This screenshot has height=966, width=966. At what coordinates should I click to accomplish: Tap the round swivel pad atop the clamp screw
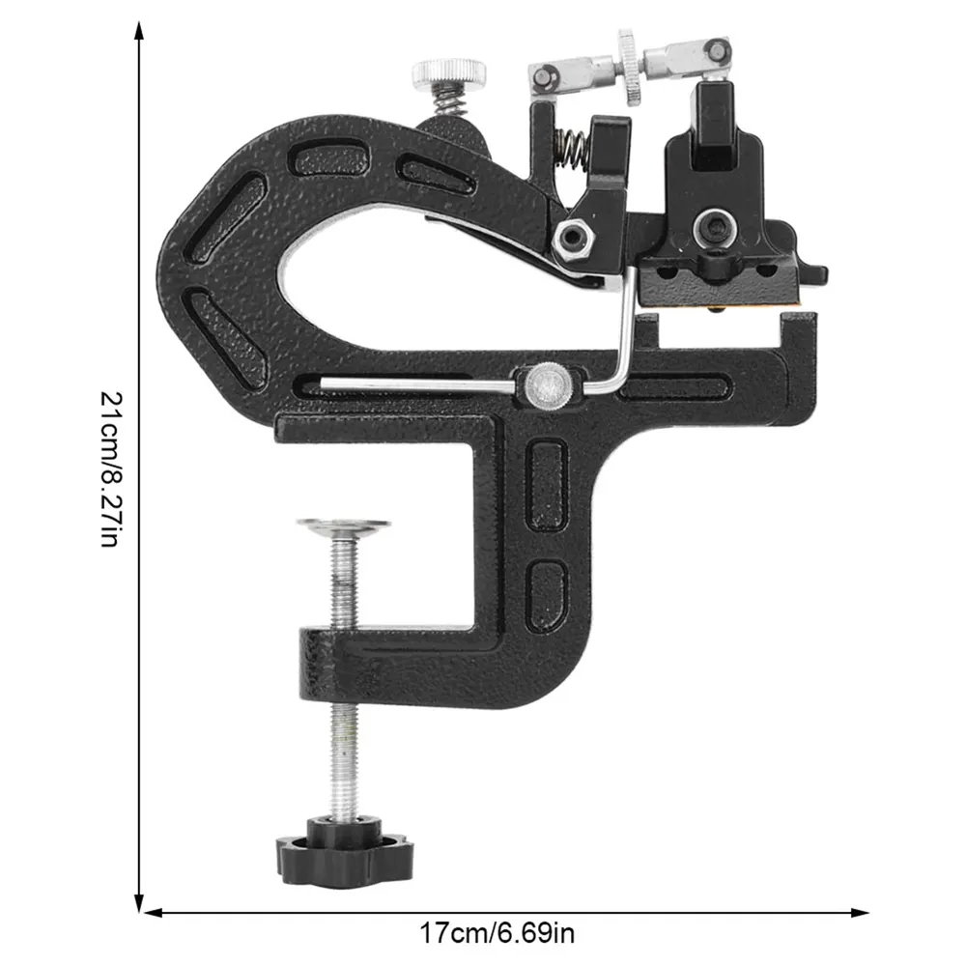343,526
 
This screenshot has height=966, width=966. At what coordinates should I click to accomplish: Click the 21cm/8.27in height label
113,469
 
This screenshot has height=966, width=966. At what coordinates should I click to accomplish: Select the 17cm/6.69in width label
497,933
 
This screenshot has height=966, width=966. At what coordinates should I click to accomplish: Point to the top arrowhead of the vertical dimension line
140,31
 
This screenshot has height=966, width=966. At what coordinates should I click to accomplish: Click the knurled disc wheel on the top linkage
629,67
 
